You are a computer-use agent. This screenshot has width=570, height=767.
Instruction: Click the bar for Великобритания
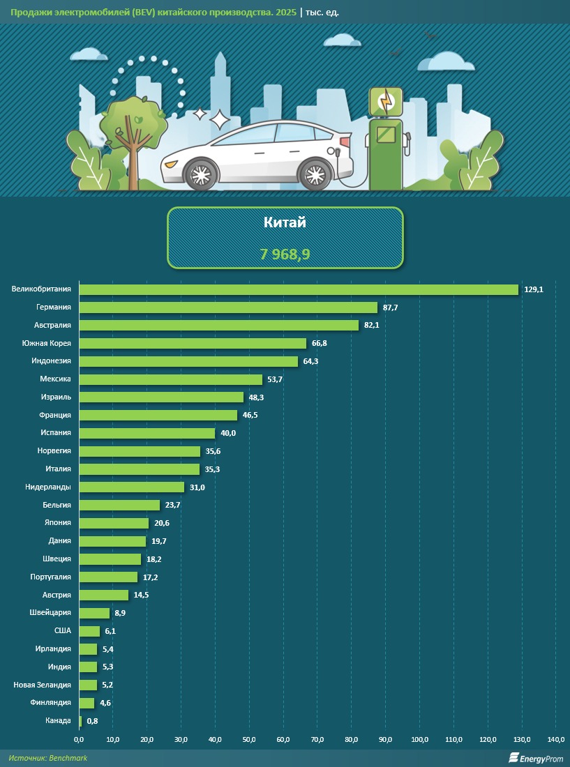(299, 289)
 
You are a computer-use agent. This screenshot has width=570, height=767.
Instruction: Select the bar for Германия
(228, 307)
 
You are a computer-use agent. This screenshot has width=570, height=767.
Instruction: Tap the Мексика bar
(170, 379)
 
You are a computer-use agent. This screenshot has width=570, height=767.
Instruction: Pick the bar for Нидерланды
(131, 487)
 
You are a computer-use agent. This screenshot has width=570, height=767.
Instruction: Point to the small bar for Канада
(80, 721)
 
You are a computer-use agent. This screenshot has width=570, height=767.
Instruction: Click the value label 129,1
(534, 289)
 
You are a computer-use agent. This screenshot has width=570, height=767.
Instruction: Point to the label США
(62, 631)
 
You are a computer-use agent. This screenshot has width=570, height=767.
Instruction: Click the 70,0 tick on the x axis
(317, 739)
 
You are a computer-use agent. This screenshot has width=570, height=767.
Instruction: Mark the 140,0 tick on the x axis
(555, 739)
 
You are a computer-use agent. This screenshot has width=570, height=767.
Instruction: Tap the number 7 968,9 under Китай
(285, 255)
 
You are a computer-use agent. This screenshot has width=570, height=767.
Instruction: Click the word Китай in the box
(285, 223)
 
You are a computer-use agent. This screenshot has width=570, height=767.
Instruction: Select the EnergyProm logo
(534, 758)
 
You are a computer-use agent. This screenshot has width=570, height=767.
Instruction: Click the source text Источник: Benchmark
(48, 758)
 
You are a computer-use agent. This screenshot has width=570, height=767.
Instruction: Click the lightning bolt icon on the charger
(386, 102)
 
